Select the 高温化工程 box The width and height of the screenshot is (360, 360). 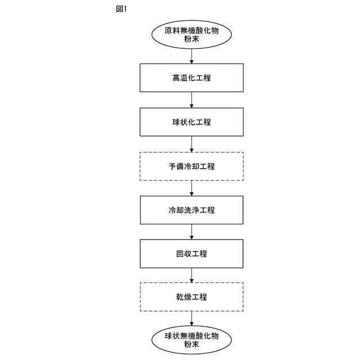point(192,78)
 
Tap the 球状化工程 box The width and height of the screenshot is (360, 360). point(192,121)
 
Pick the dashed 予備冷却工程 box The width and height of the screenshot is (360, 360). point(192,166)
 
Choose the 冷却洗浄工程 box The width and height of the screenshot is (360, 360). point(192,210)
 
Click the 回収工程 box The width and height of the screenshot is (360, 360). point(192,254)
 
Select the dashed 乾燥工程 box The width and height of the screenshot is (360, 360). point(192,296)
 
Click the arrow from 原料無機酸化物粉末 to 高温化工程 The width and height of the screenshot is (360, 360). point(192,56)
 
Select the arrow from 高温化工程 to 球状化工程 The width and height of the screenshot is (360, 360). point(192,100)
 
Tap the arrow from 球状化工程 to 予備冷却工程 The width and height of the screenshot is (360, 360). point(192,144)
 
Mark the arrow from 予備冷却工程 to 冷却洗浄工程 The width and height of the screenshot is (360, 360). point(192,188)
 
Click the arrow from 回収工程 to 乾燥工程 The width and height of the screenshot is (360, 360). point(192,275)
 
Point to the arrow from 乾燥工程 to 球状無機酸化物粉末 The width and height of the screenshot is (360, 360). point(192,318)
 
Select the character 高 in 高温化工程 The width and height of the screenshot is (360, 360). point(176,78)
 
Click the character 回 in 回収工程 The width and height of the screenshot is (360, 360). point(180,254)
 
